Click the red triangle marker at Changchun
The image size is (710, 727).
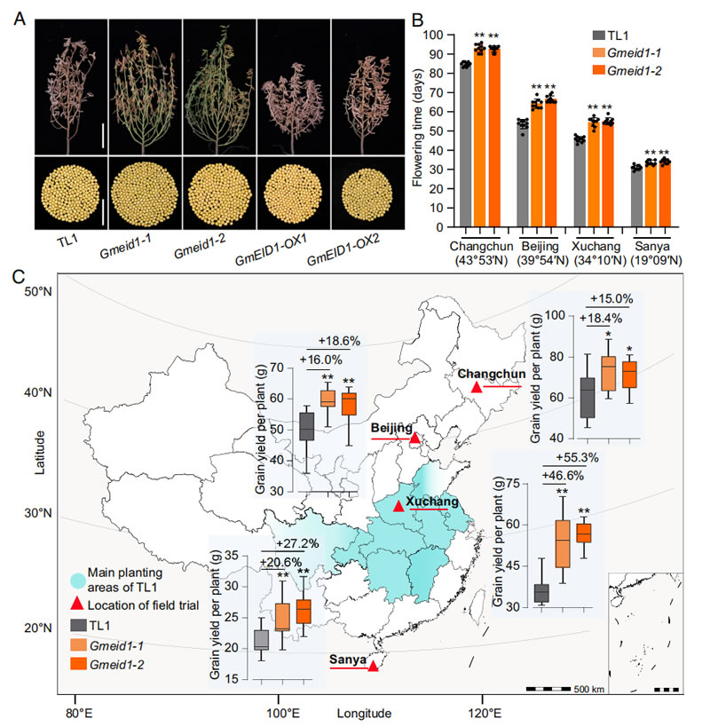[x=477, y=388]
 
